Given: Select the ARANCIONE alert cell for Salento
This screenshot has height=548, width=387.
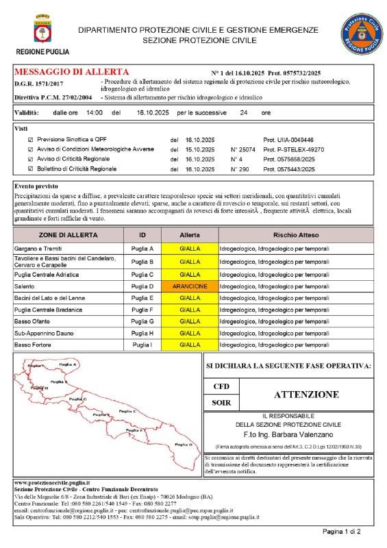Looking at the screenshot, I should point(190,286).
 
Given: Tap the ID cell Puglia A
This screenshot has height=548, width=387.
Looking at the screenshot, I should point(142,249).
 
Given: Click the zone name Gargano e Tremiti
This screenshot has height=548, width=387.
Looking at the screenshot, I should point(40,249).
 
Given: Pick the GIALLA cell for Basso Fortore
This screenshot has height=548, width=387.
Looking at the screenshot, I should point(190,345).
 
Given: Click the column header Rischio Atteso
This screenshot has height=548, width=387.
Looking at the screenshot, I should point(295,235).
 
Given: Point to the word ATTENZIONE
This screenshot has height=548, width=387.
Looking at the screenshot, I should point(306,395).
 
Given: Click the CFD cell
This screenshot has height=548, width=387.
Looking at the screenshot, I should point(221,386).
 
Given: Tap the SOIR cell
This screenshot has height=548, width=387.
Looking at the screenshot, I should point(221,403).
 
